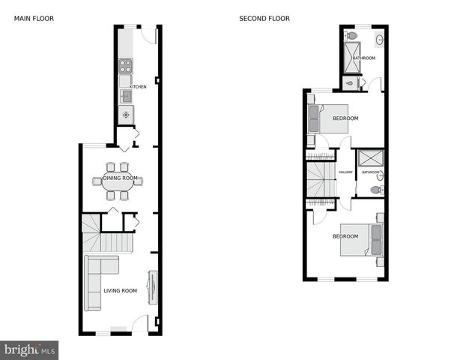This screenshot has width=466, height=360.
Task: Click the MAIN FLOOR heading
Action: [x=34, y=18]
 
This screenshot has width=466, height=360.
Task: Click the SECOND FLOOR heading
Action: [x=264, y=18]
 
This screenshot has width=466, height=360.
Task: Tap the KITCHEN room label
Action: [x=138, y=87]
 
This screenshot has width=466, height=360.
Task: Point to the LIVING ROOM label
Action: [x=120, y=291]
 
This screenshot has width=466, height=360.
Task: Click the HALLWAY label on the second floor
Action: [x=345, y=172]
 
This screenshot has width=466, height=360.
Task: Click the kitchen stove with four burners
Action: [x=126, y=66]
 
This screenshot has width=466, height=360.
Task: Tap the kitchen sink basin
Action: [x=126, y=95]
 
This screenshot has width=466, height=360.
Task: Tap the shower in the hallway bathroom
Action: [x=368, y=158]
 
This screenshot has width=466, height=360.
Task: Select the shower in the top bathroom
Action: [x=351, y=55]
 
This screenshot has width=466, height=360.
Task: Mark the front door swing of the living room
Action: [x=139, y=325]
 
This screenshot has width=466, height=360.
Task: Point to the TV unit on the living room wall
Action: [x=153, y=286]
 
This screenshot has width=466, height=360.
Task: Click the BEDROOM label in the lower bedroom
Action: [x=345, y=237]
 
